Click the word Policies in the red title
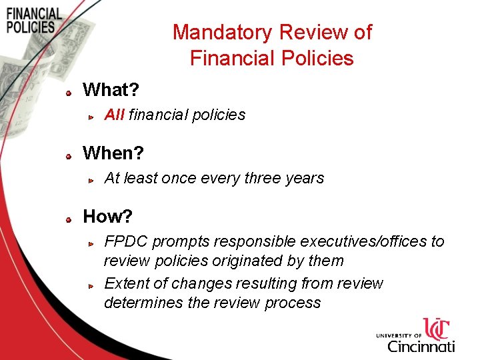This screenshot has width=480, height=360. click(x=317, y=59)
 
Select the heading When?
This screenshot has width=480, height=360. click(x=113, y=153)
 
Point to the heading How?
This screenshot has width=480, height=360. click(x=107, y=217)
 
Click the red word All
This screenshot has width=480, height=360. click(x=114, y=115)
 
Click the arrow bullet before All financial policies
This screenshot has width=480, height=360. click(x=93, y=117)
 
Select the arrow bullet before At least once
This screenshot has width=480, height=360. click(x=93, y=180)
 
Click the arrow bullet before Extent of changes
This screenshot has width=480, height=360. click(x=93, y=285)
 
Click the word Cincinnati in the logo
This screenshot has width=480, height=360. click(x=421, y=346)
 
